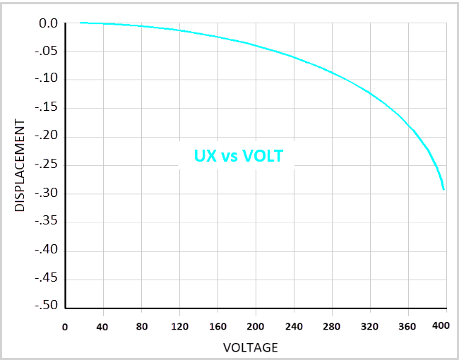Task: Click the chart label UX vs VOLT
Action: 239,156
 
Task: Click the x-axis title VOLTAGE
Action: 250,347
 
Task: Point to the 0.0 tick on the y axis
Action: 48,24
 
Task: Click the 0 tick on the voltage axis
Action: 65,327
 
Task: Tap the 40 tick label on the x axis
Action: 103,327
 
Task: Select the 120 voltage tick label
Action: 179,327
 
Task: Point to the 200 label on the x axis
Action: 256,327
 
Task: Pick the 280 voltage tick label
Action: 332,327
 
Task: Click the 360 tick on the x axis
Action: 407,327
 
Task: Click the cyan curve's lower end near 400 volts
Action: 443,188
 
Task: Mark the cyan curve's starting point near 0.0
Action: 81,23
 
